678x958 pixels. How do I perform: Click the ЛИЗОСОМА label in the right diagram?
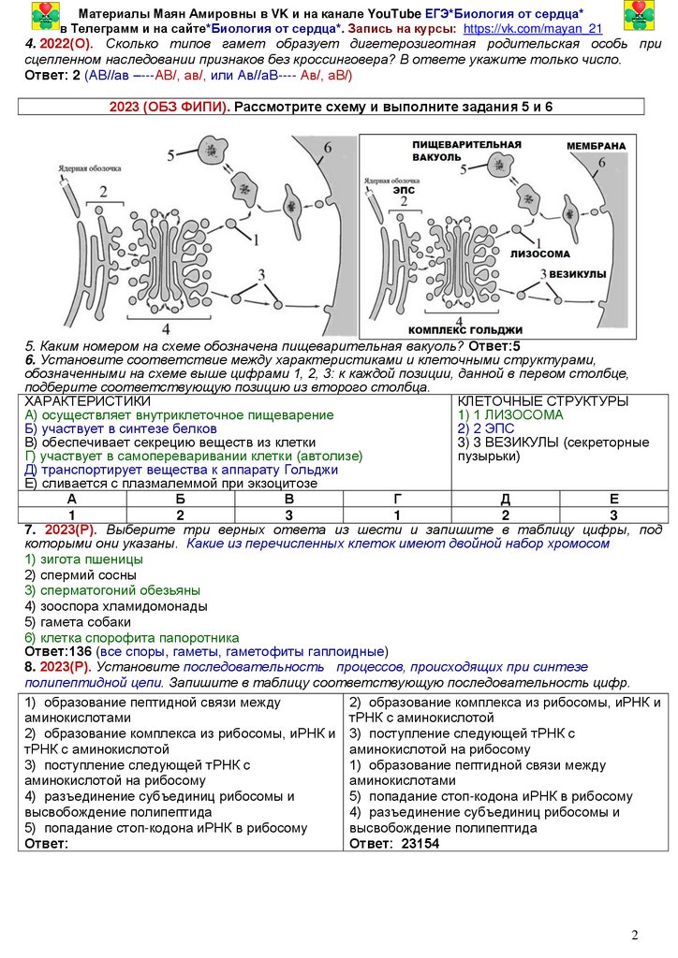(540, 254)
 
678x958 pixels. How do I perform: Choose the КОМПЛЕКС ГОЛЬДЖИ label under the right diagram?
(465, 330)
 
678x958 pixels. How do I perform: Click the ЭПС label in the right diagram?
(403, 189)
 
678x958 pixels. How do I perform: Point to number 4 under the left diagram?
(167, 328)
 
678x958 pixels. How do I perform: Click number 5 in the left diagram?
(171, 153)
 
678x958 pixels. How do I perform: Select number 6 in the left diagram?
(327, 149)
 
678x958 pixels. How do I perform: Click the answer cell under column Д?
(506, 515)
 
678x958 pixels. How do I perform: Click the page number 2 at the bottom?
(634, 936)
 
